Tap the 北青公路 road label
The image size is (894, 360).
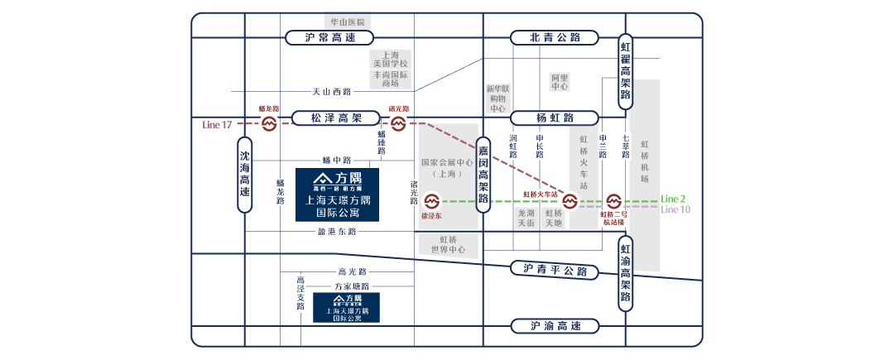[555, 37]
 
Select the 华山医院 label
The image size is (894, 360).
[347, 22]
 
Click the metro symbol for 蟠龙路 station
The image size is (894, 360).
[269, 124]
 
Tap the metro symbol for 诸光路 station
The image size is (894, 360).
[398, 124]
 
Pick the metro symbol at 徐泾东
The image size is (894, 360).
[431, 201]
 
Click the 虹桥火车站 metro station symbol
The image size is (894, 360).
[570, 201]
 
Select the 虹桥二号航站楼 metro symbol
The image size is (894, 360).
[613, 201]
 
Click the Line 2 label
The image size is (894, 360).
[673, 199]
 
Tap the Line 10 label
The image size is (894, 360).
[675, 209]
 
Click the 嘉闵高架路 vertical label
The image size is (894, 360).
[483, 180]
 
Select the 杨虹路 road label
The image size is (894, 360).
[555, 118]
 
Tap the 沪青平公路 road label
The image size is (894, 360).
[555, 269]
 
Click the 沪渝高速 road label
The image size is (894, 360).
[555, 326]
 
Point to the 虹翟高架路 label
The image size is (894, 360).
[626, 70]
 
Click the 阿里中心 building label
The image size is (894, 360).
[560, 81]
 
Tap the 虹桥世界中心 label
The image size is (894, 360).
[447, 244]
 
